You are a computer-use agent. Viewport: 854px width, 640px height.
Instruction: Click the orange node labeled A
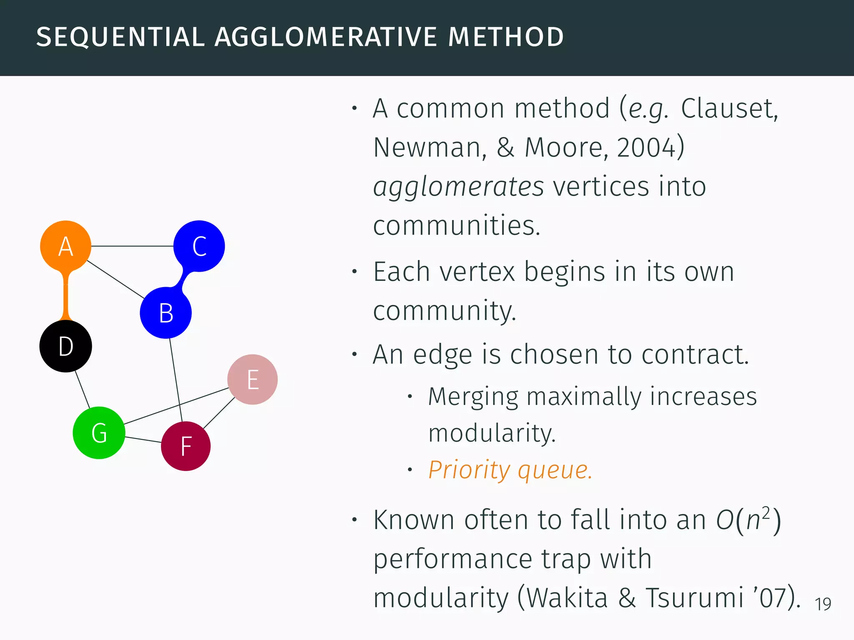65,246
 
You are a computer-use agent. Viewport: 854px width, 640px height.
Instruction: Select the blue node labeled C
199,246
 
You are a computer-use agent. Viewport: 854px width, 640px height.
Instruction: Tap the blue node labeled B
166,312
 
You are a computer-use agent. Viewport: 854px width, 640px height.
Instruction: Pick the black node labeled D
65,346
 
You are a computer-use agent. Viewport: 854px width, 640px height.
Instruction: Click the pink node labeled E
252,379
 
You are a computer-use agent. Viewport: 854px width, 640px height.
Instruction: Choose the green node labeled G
99,432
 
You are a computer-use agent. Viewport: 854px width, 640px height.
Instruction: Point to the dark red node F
186,446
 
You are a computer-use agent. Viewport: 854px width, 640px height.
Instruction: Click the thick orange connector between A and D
65,296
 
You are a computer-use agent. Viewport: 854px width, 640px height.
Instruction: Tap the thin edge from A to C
132,246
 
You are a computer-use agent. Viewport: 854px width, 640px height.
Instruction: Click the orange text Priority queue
510,470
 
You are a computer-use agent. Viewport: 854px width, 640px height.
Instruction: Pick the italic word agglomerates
458,187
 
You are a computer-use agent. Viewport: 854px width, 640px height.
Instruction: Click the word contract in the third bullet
695,355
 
